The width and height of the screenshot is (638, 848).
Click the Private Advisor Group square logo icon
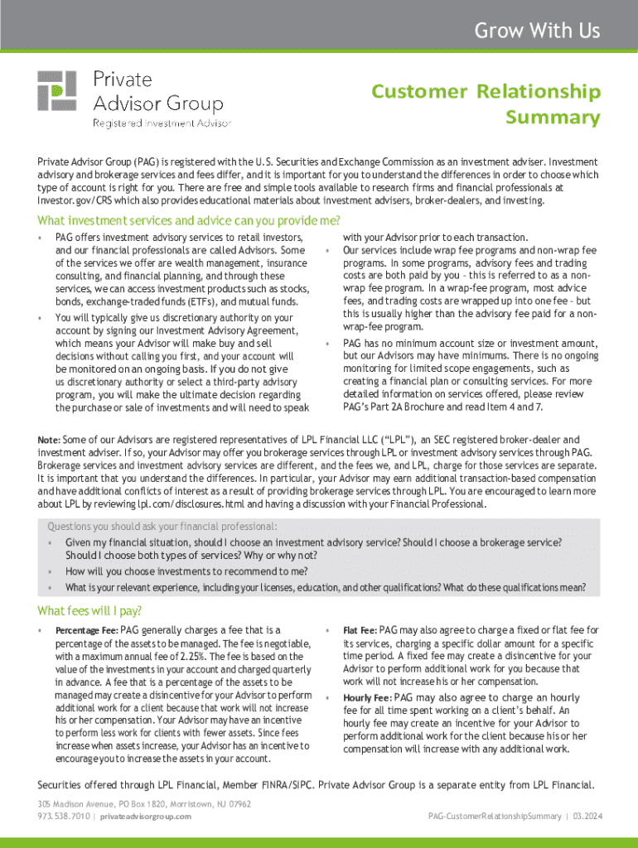[x=56, y=91]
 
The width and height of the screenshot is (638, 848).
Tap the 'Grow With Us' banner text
[x=537, y=31]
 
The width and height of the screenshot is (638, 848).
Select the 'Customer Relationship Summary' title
[x=485, y=104]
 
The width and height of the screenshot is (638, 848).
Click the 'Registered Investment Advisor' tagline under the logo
[x=162, y=123]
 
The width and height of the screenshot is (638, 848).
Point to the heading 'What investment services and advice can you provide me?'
[x=189, y=221]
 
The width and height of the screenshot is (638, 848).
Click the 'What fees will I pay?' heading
[x=89, y=611]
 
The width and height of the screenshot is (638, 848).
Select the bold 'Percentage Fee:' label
[x=86, y=631]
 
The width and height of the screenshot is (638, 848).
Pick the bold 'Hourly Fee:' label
[x=367, y=698]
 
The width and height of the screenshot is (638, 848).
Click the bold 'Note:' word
[x=48, y=440]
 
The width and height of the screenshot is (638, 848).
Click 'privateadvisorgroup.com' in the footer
[x=146, y=817]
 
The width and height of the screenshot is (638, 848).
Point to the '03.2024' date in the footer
[x=583, y=817]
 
